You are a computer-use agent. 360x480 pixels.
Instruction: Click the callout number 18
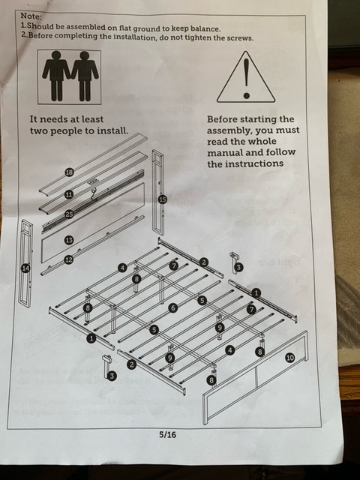(70, 172)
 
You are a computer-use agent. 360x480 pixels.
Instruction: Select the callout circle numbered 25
(70, 214)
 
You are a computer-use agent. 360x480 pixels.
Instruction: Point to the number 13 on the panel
(69, 240)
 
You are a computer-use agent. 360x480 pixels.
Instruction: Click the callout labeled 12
(69, 260)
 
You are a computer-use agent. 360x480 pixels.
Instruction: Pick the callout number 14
(26, 268)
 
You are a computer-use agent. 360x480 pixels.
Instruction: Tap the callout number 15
(163, 199)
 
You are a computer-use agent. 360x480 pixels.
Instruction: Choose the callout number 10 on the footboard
(289, 357)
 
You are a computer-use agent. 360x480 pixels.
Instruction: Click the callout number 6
(173, 307)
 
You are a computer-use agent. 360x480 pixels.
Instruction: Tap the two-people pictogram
(70, 76)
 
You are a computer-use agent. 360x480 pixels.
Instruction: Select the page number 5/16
(167, 434)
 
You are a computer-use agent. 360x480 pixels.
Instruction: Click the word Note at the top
(31, 16)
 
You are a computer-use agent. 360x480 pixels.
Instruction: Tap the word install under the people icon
(112, 130)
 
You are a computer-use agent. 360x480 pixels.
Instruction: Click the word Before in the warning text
(222, 119)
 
